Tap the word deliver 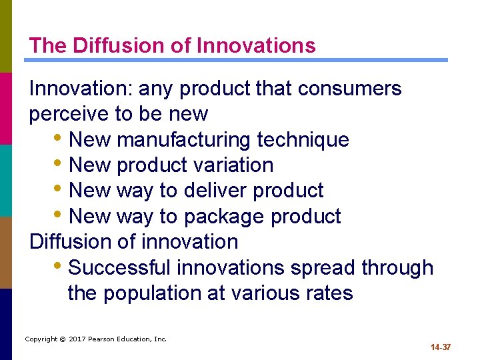point(213,191)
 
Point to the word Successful point(121,268)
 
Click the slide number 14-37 point(441,347)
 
